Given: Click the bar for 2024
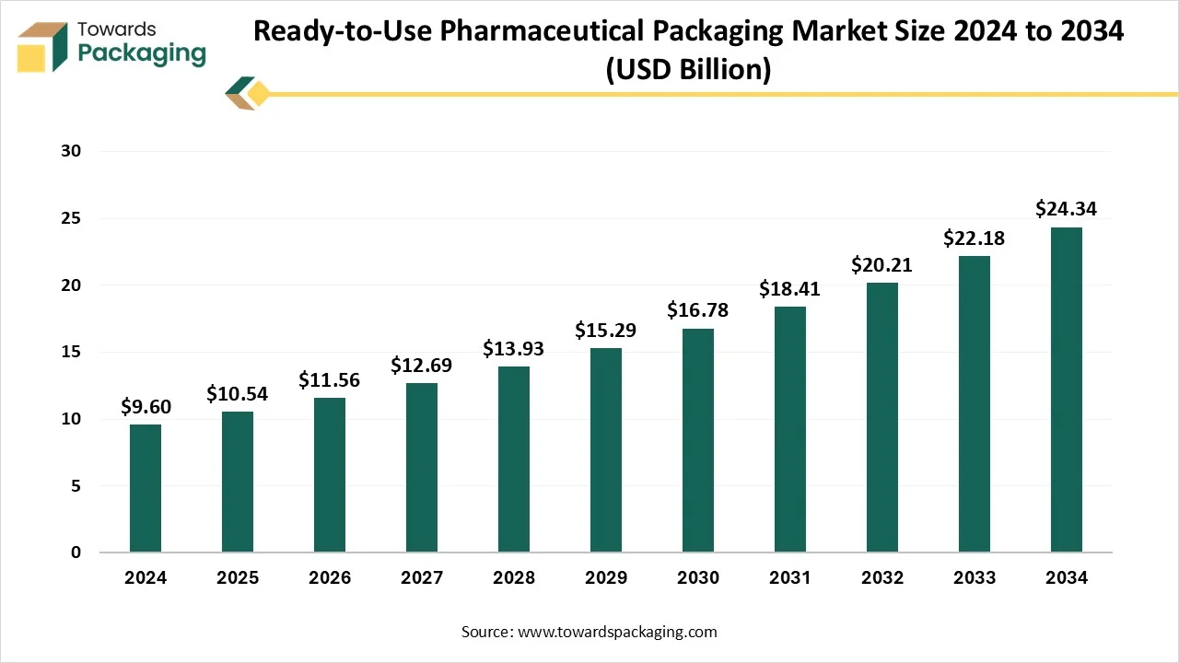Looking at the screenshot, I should pyautogui.click(x=146, y=488).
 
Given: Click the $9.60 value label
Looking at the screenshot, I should pyautogui.click(x=146, y=406).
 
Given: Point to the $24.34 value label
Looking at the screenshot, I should pyautogui.click(x=1066, y=209).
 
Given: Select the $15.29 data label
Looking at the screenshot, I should pyautogui.click(x=605, y=330).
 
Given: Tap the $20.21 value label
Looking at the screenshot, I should pyautogui.click(x=881, y=265).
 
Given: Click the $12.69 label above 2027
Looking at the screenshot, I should pyautogui.click(x=421, y=366).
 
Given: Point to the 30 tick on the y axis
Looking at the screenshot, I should pyautogui.click(x=72, y=151).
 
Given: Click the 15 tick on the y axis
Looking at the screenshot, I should pyautogui.click(x=72, y=352).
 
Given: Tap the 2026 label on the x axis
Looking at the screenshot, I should pyautogui.click(x=330, y=578).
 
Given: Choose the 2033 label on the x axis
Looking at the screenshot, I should pyautogui.click(x=975, y=578).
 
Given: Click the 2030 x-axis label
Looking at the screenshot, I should pyautogui.click(x=698, y=578).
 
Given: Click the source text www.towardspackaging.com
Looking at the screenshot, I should pyautogui.click(x=617, y=632).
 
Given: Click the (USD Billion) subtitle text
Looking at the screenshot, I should pyautogui.click(x=688, y=69).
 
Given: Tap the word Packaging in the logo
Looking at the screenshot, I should pyautogui.click(x=142, y=53).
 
